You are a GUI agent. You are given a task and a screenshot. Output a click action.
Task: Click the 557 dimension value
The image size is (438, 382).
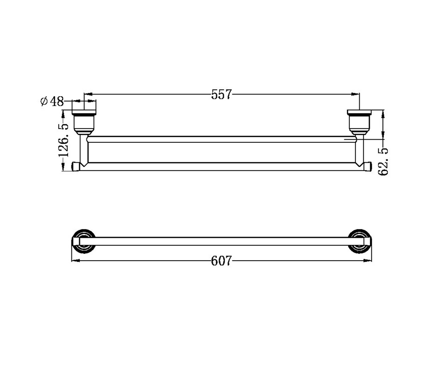click(221, 94)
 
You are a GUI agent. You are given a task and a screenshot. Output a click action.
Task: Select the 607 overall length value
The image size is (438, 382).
click(221, 261)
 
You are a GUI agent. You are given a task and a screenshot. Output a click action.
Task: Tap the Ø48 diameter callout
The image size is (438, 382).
click(52, 101)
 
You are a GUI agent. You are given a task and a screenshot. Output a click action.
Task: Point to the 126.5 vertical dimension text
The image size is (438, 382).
click(63, 140)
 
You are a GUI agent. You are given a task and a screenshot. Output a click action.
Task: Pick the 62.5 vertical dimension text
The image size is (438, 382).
click(383, 162)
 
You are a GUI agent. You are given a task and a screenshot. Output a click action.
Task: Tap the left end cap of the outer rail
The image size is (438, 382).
click(76, 166)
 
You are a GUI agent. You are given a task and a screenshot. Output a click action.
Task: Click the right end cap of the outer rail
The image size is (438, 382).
click(367, 166)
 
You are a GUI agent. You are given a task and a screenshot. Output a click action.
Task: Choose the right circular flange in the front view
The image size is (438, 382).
click(360, 241)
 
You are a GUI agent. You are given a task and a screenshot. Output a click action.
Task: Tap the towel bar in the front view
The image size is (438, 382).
click(221, 241)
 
